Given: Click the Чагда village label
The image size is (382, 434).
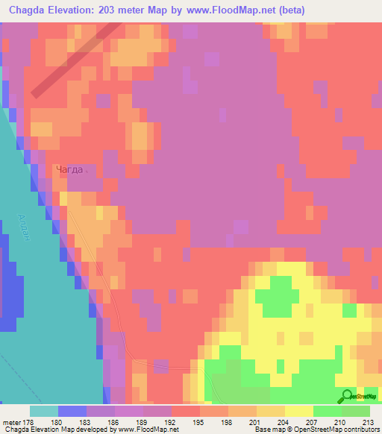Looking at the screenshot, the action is [x=71, y=169].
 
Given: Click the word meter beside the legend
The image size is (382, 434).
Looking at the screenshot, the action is [x=12, y=422].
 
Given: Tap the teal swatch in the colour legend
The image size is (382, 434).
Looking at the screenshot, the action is [x=43, y=411].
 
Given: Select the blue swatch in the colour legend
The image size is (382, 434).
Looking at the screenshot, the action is [x=72, y=411].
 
